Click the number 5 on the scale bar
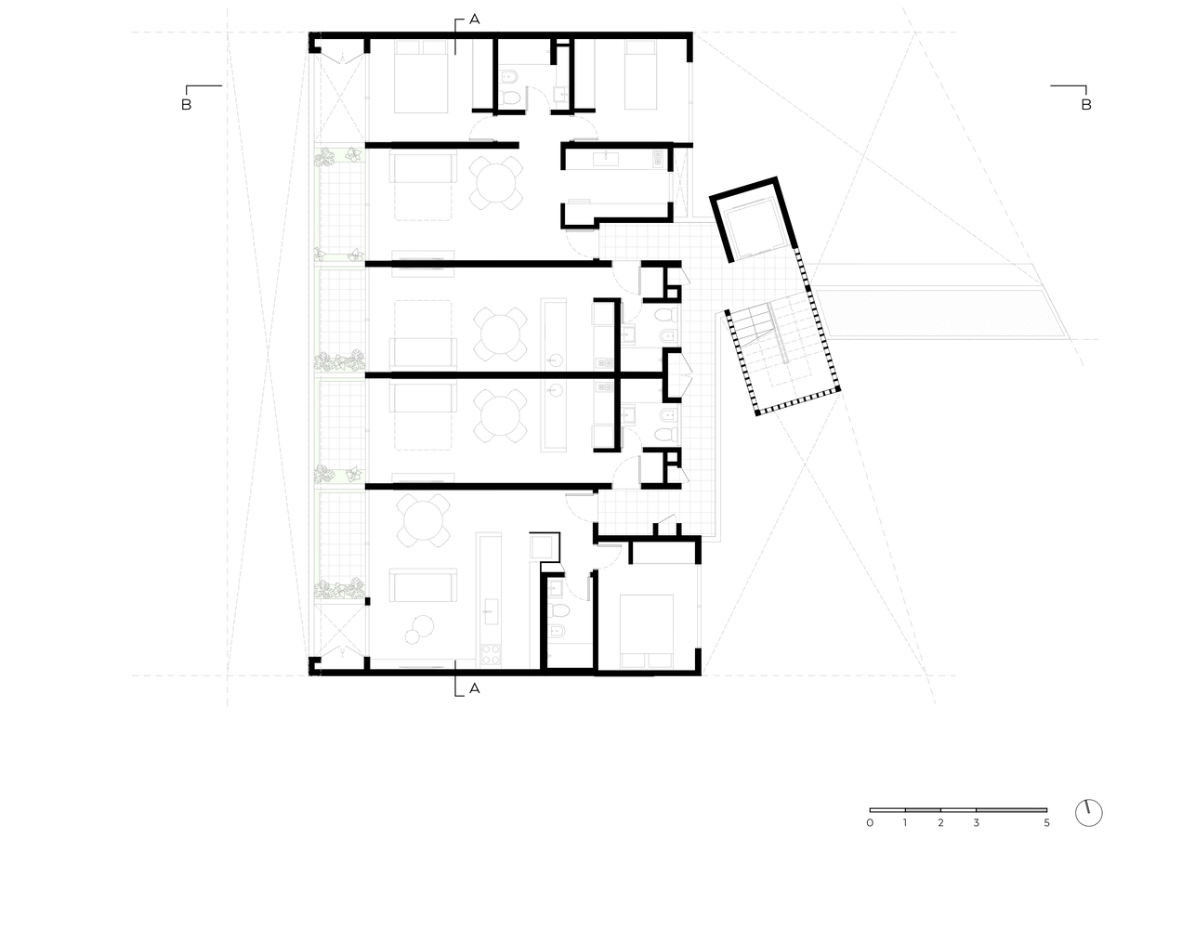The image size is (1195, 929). (1046, 823)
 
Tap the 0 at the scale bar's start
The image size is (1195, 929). (870, 823)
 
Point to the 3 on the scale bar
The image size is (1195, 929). (976, 823)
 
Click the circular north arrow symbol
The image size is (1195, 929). (1088, 813)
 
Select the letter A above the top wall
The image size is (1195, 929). (474, 20)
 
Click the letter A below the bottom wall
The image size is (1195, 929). (474, 688)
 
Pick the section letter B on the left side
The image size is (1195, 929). (187, 104)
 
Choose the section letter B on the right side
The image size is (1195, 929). (1086, 104)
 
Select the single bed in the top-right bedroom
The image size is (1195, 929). (640, 74)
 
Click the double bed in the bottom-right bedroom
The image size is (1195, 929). (646, 631)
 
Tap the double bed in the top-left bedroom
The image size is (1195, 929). (421, 76)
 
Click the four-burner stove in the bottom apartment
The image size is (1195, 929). (490, 654)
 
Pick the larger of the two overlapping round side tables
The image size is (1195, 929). (423, 625)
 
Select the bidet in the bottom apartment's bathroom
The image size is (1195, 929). (558, 631)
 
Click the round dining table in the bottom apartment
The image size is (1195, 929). (423, 520)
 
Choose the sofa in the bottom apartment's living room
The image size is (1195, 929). (423, 585)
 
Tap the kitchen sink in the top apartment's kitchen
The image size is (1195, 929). (606, 159)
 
